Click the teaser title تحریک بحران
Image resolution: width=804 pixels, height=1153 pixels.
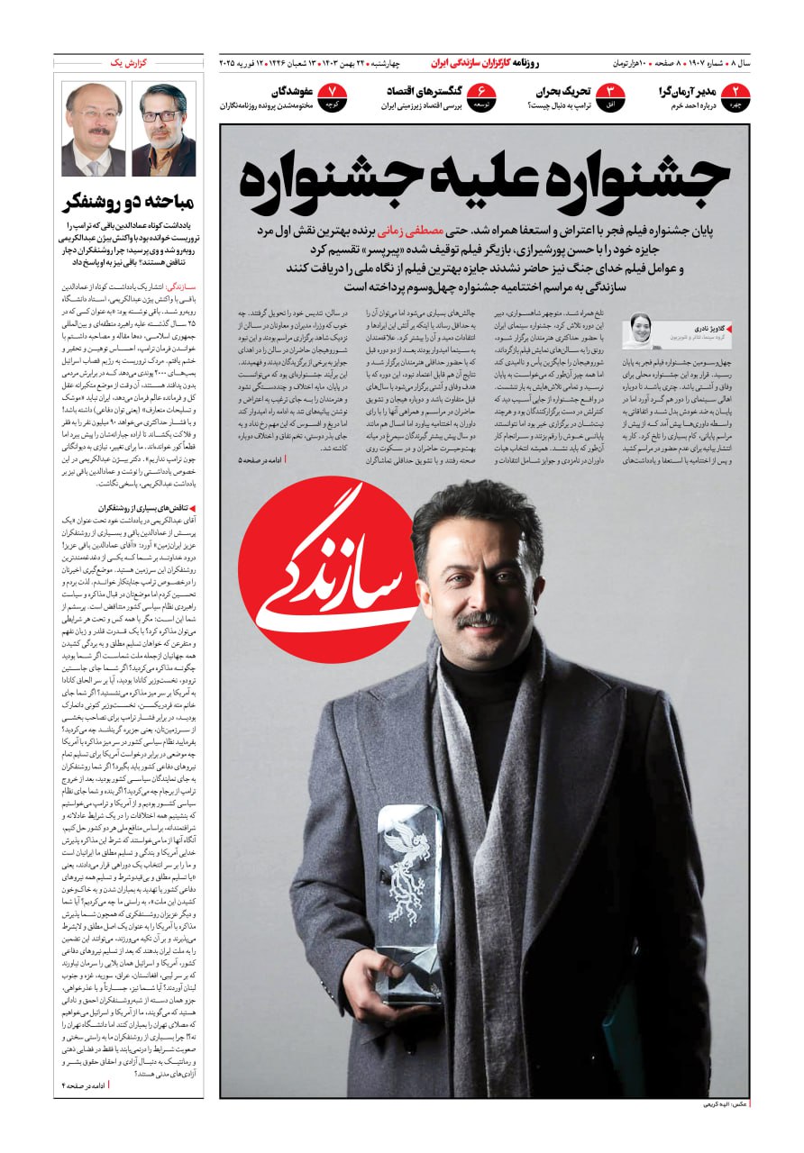coord(563,92)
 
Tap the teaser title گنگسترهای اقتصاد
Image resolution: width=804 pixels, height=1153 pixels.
coord(425,92)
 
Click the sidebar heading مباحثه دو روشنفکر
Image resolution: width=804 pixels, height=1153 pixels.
coord(128,202)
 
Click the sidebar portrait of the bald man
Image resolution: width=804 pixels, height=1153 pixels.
coord(94,129)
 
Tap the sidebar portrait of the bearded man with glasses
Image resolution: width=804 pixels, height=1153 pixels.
coord(163,129)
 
